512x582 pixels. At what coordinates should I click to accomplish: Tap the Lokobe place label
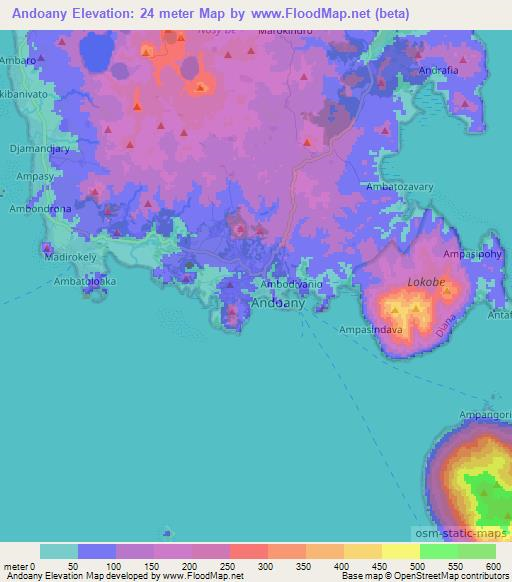425,283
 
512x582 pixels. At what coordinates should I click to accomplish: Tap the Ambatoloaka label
85,281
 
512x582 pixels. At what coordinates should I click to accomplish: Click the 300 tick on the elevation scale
265,566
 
